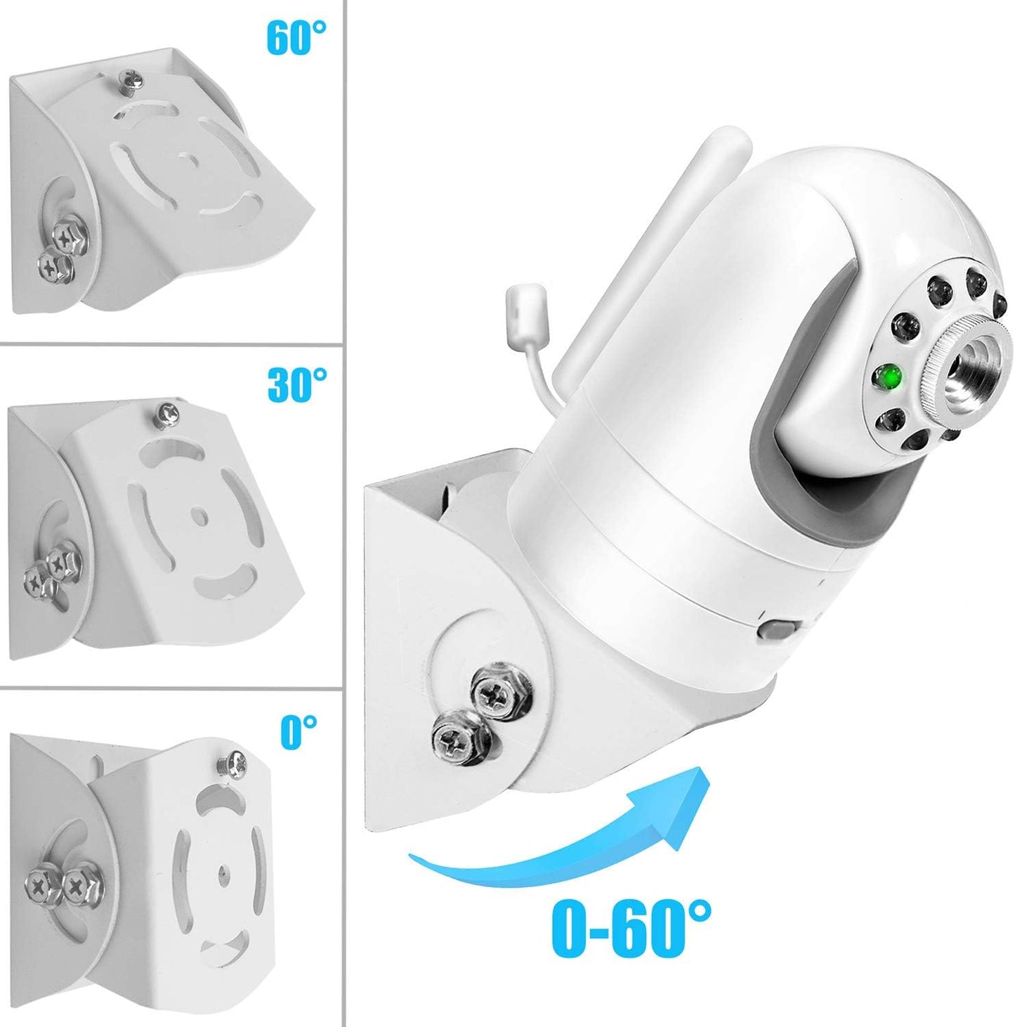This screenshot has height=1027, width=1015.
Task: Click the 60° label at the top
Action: click(x=296, y=37)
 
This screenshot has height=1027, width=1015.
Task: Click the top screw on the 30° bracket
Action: click(x=168, y=414)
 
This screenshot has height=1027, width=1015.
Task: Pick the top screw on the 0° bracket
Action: click(x=233, y=761)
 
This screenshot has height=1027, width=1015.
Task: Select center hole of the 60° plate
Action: click(x=187, y=158)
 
